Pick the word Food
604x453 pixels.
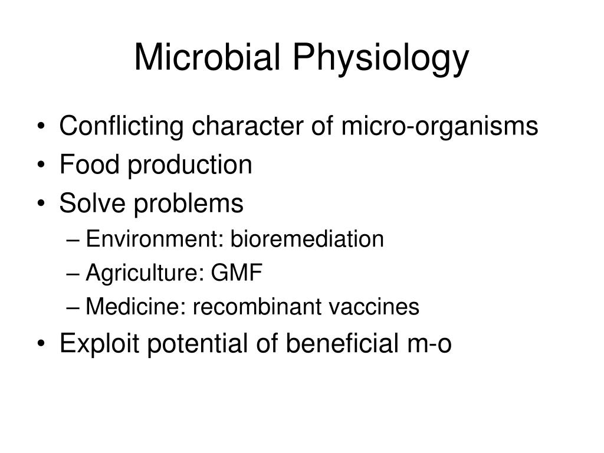[86, 165]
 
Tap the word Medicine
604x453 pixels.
[133, 307]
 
